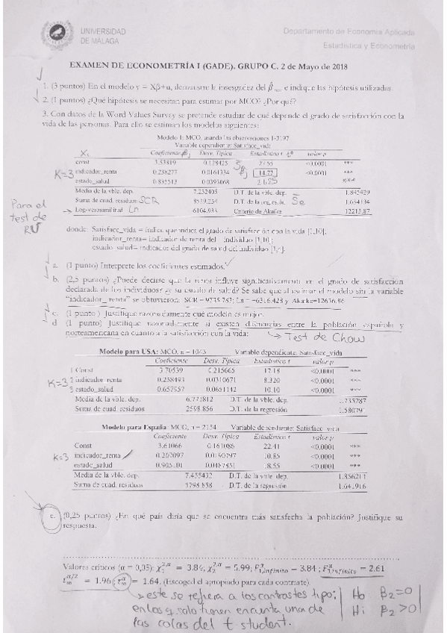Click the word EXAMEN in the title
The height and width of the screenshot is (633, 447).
pyautogui.click(x=88, y=66)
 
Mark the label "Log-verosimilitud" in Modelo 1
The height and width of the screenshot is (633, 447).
pyautogui.click(x=111, y=212)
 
